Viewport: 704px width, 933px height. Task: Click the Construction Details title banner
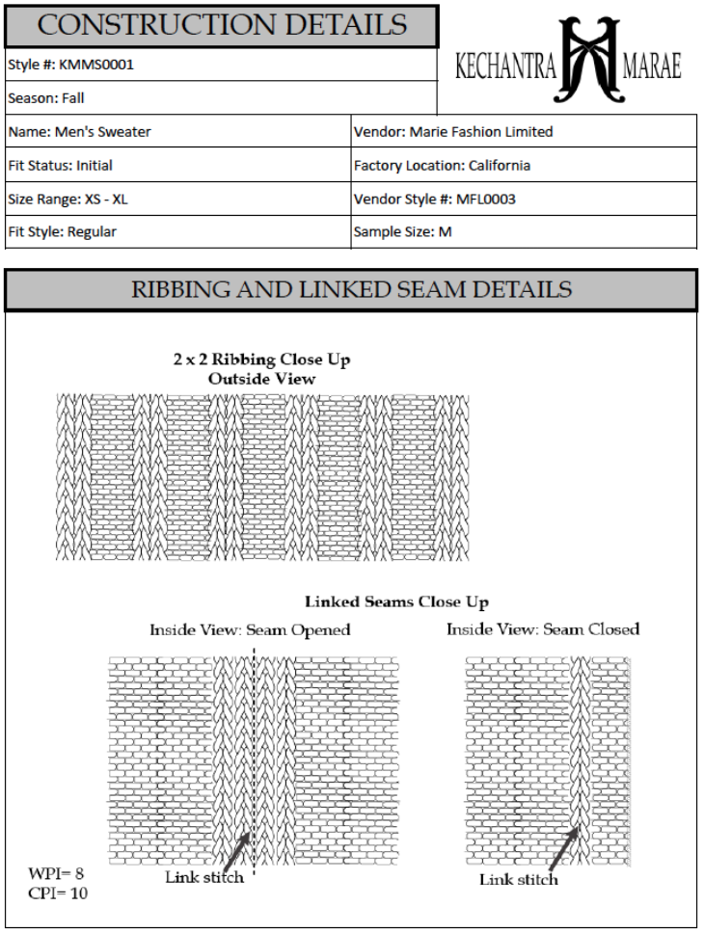click(221, 25)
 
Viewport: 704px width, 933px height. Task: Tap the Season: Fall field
click(43, 97)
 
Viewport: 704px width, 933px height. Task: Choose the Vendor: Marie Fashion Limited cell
click(453, 131)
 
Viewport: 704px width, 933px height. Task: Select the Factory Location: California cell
click(442, 165)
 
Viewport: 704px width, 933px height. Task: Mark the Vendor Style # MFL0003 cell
click(430, 199)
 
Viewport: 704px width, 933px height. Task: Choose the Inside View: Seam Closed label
click(542, 629)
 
